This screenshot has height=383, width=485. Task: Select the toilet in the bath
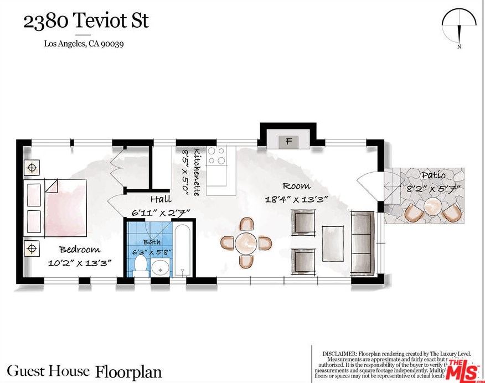pos(141,265)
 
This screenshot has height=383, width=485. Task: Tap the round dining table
pos(246,242)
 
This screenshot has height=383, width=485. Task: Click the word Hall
pos(161,199)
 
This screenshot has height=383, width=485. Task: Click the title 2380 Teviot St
pos(86,21)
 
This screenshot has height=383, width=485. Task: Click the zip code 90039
pos(112,44)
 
